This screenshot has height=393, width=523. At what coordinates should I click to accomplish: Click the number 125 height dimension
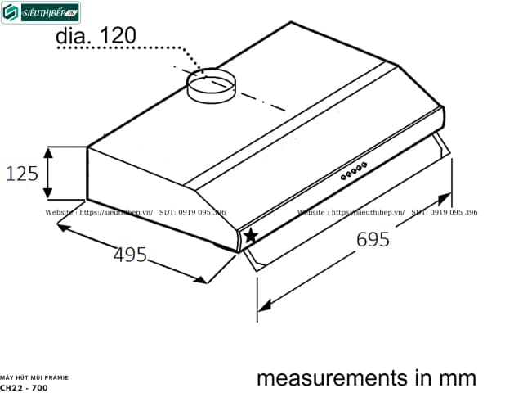(21, 174)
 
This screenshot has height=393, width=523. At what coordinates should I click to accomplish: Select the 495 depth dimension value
(130, 255)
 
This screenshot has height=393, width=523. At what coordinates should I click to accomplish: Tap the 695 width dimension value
(373, 240)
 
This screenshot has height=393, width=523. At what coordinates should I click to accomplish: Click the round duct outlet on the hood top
(209, 86)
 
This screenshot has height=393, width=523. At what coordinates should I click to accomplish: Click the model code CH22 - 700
(24, 387)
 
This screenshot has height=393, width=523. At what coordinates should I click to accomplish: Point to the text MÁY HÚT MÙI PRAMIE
(34, 376)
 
